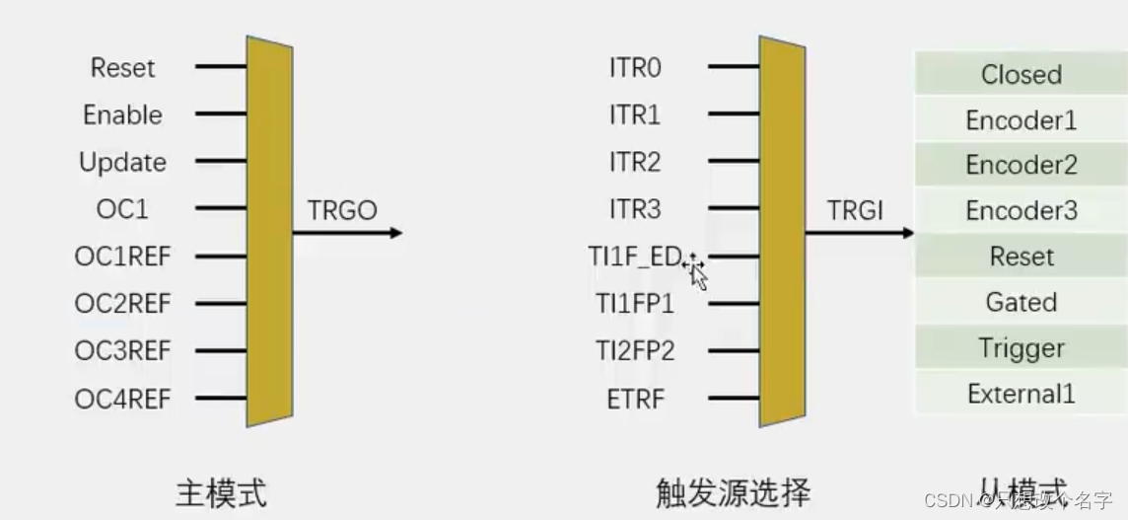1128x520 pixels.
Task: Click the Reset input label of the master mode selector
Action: [122, 68]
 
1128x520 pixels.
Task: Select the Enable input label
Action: [122, 115]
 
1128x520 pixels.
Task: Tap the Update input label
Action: [122, 163]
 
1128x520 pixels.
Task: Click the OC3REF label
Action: [122, 351]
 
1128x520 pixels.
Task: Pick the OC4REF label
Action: [122, 400]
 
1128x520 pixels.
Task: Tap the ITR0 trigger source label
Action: [635, 68]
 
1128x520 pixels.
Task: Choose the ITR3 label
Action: [635, 209]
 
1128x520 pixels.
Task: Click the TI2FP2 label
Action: [635, 351]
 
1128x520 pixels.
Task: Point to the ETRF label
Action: [636, 400]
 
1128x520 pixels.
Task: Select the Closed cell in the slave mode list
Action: [1021, 75]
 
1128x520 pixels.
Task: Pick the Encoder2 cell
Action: [1021, 165]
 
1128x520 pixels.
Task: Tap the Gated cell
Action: [1021, 302]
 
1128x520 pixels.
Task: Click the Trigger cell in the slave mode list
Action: [1021, 348]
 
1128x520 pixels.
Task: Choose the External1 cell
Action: [1021, 395]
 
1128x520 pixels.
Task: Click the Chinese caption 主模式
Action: [221, 492]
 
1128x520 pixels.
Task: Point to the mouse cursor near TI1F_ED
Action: [696, 271]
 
